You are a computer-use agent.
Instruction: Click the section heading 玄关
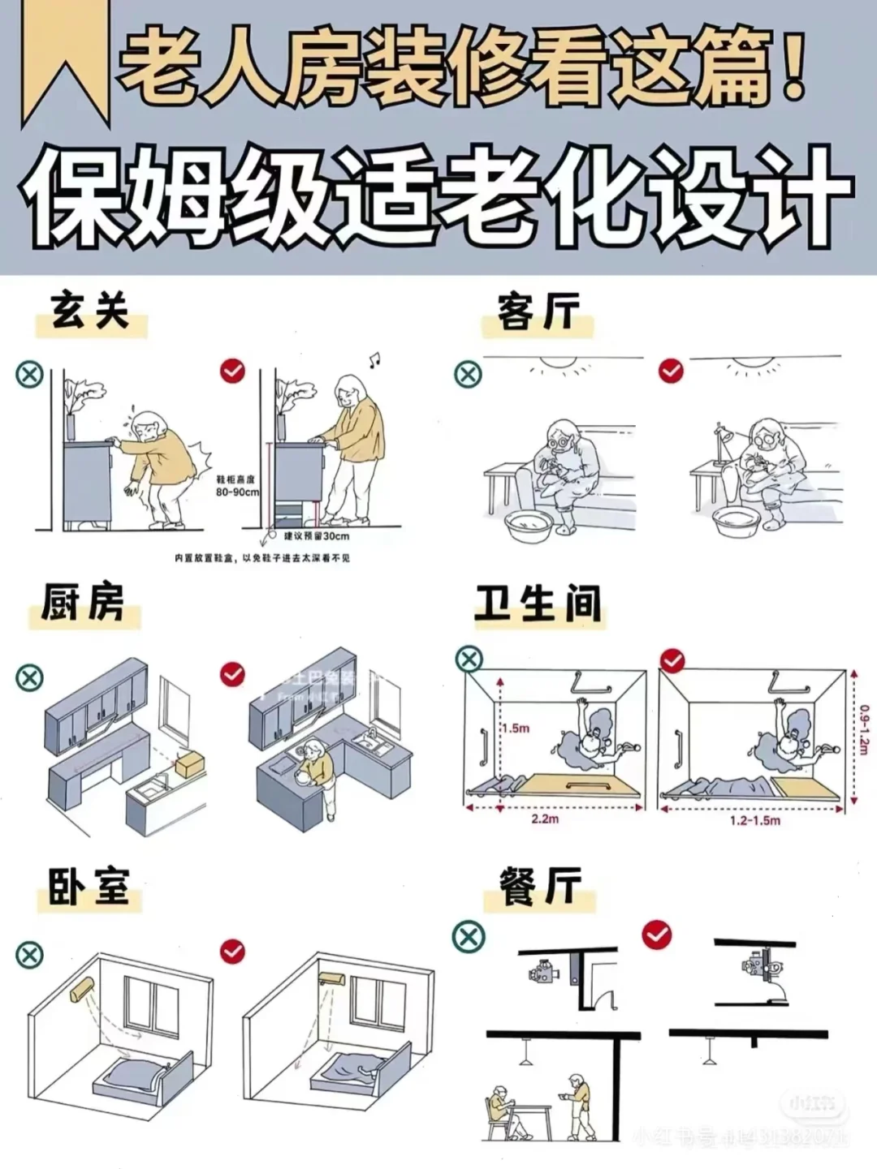click(90, 312)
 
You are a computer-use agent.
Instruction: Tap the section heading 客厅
click(538, 313)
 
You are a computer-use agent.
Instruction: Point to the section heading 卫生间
click(538, 604)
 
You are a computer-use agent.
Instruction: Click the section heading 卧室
click(89, 885)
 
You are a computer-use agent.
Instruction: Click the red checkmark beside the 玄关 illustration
click(232, 371)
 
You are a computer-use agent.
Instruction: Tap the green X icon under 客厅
click(468, 374)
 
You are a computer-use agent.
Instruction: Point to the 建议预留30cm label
click(317, 535)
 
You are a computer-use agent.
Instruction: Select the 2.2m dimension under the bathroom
click(545, 819)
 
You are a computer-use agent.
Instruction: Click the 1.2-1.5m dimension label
click(754, 821)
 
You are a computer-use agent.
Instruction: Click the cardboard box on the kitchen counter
click(190, 762)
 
